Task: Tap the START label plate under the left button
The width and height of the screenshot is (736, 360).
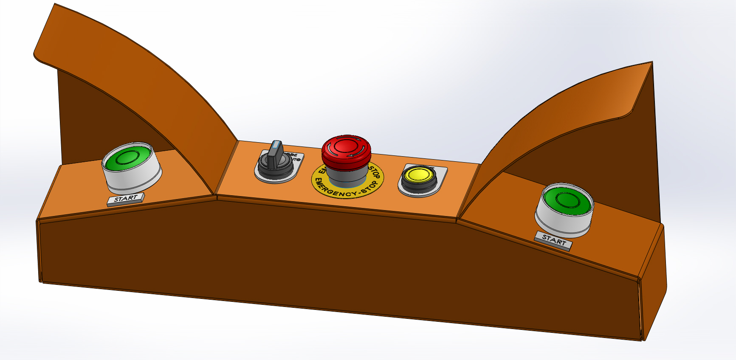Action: pos(126,199)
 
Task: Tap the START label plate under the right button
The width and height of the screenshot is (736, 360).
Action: pos(553,240)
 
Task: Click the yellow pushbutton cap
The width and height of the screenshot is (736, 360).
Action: pos(418,174)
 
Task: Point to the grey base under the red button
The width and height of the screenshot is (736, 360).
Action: pos(346,175)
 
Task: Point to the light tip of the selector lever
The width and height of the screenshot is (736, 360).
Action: pos(277,145)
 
